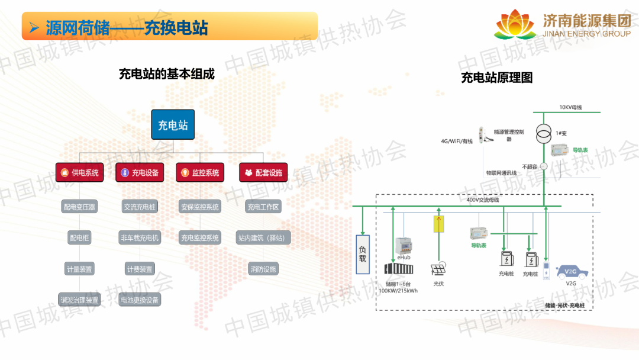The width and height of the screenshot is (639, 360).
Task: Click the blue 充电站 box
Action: tap(173, 125)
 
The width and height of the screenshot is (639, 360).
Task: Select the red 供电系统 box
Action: tap(79, 173)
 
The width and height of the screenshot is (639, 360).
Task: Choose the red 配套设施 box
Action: tap(263, 173)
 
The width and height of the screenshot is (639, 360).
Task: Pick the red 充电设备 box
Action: tap(140, 173)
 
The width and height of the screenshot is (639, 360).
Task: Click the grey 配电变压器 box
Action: tap(79, 207)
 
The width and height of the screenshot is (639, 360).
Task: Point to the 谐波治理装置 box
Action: tap(79, 300)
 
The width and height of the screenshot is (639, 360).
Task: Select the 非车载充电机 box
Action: tap(140, 238)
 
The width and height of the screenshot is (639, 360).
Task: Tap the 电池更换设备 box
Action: tap(140, 300)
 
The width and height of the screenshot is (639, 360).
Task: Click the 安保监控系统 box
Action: tap(199, 207)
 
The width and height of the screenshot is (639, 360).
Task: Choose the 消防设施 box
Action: tap(263, 269)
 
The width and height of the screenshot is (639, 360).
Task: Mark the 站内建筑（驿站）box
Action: tap(263, 238)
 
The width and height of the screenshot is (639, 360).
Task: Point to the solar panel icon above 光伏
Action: tap(438, 270)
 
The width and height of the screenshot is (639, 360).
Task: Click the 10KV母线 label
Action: tap(571, 107)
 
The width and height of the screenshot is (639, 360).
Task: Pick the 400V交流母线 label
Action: tap(483, 200)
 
